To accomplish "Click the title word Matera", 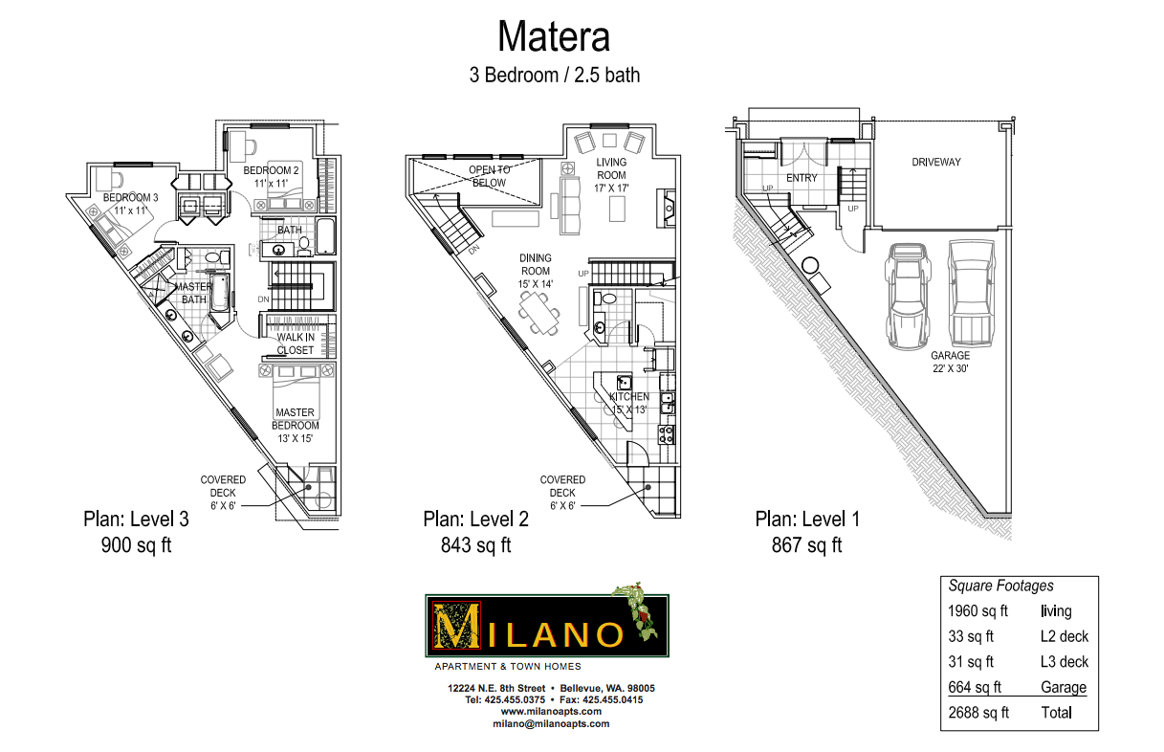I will point(554,37).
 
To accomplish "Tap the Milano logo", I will point(546,626).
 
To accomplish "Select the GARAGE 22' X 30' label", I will point(951,362).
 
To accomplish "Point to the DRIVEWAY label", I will point(936,162).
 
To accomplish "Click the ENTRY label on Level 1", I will point(802,178).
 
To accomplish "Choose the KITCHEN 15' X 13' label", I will point(628,403).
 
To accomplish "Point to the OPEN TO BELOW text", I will point(488,176).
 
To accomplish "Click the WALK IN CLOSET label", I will point(296,343).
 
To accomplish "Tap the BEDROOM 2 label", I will point(278,176).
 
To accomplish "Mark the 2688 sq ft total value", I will point(978,713).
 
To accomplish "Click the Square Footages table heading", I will point(1000,586).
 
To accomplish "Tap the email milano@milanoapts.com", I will point(551,723).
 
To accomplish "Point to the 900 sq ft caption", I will point(137,545).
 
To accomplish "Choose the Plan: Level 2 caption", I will point(476,519).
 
